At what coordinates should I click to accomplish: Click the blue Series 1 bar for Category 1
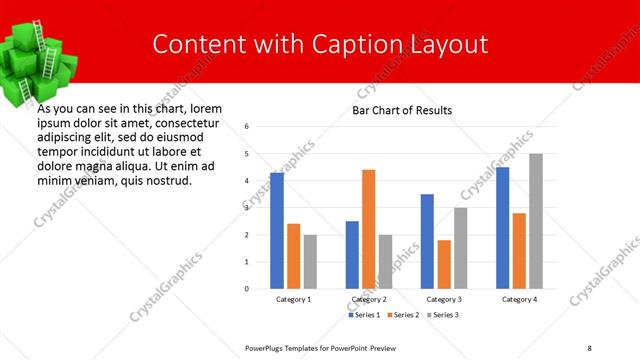(277, 231)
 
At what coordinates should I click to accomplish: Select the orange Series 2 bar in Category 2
(368, 229)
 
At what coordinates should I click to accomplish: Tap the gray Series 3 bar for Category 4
(536, 221)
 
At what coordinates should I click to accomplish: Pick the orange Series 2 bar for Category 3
(444, 264)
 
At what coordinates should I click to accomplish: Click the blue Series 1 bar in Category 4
(502, 228)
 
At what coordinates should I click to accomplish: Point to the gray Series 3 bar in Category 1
(310, 262)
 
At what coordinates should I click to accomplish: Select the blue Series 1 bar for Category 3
(427, 241)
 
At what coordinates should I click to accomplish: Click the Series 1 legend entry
(364, 315)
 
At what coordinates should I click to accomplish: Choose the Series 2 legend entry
(402, 315)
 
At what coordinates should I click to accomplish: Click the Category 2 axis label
(369, 299)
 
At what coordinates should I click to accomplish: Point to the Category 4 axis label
(519, 299)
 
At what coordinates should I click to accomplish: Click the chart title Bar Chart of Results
(401, 110)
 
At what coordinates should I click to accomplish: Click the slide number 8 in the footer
(589, 347)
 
